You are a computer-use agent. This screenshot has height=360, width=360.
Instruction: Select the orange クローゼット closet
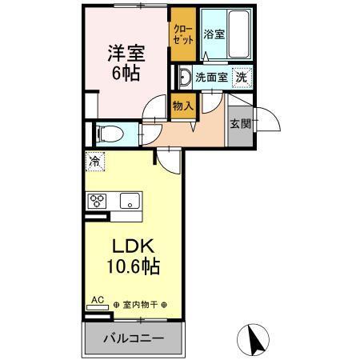point(181,34)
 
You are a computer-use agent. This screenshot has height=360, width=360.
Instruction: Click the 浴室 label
point(213,35)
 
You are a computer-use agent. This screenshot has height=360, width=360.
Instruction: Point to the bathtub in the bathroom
point(237,35)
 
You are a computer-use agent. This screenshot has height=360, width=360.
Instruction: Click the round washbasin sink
point(184,78)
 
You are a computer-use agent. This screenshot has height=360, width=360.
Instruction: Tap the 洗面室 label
point(211,78)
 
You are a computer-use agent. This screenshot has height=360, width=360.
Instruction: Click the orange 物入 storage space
point(183,105)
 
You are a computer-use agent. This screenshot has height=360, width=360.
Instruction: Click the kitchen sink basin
point(129,200)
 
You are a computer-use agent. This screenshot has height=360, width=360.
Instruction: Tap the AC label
point(98,300)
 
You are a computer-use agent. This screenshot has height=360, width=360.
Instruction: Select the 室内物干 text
point(141,305)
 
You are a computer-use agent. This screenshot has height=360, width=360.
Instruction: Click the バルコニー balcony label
point(134,339)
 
